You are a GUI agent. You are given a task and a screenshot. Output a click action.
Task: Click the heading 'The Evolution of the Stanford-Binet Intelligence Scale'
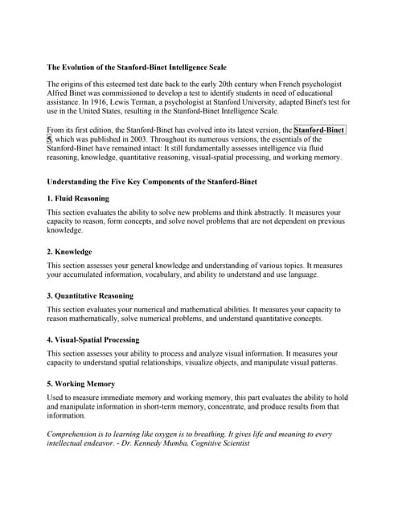137,67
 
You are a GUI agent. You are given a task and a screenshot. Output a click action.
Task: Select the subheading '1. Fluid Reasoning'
78,198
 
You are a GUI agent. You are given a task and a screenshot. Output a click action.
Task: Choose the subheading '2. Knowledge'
69,252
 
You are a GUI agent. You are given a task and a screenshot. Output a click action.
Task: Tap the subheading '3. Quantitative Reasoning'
90,295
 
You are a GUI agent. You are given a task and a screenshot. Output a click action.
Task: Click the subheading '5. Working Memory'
81,384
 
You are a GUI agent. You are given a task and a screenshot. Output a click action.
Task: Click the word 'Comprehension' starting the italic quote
76,435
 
